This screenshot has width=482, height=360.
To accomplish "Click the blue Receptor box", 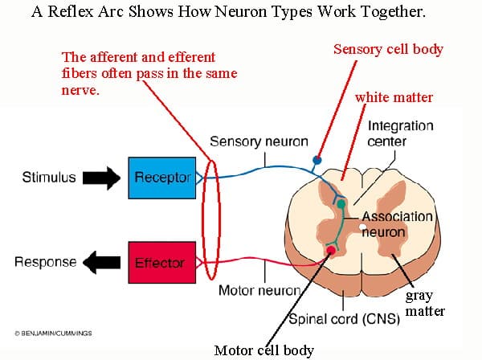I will [x=161, y=178].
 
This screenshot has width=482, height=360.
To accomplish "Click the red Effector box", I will [x=161, y=263].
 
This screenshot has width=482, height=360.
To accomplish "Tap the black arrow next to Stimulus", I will [x=100, y=178].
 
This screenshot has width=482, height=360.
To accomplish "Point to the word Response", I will [x=46, y=262].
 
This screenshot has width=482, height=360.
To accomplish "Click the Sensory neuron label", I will [x=259, y=141].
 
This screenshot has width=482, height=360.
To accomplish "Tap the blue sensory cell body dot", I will [x=318, y=160].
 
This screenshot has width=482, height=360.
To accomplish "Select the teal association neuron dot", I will [x=341, y=204].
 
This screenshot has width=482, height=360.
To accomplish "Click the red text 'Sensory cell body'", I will [x=388, y=50].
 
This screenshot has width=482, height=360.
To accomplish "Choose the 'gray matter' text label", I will [x=424, y=303].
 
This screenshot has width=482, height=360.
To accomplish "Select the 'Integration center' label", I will [x=400, y=133].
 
